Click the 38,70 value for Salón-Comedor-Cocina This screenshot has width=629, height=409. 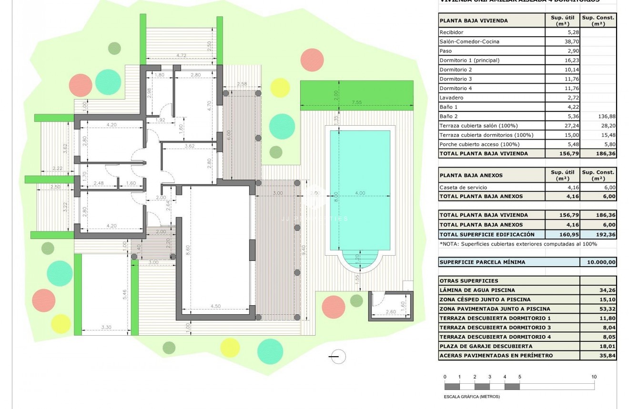coord(562,42)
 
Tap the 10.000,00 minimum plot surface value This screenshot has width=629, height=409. coord(599,262)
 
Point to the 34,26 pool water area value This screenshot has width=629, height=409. coord(599,290)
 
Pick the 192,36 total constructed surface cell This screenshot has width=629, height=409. coord(599,234)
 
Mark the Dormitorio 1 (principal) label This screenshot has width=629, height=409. coord(469,60)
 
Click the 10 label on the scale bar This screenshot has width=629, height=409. coord(594,377)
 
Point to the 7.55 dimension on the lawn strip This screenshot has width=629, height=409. coord(357,102)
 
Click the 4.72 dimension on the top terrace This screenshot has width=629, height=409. coord(181,56)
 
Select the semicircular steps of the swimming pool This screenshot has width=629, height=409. coord(360,261)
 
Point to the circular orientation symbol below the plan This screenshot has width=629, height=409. coord(338,356)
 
